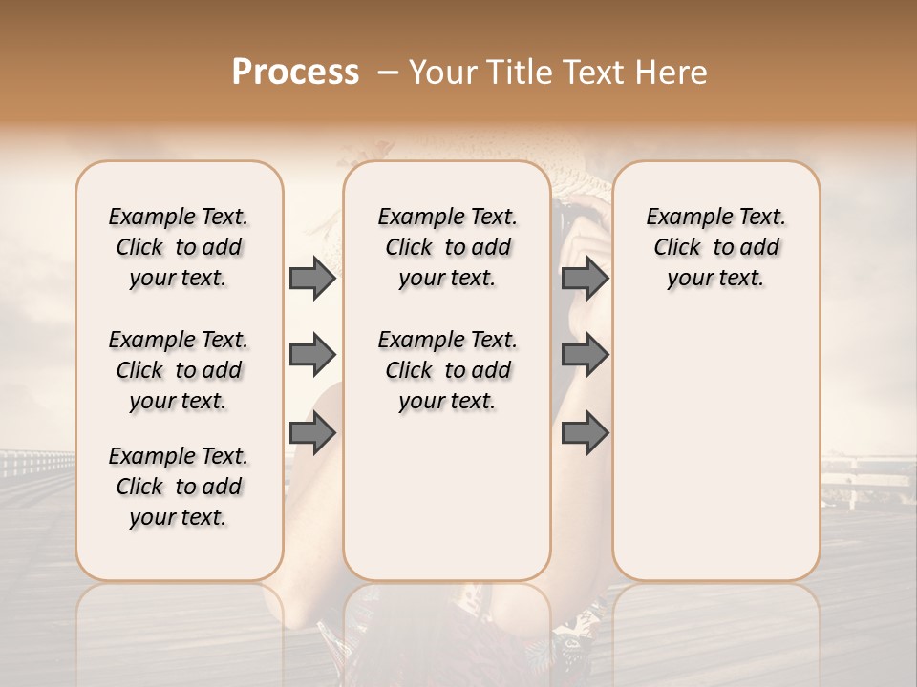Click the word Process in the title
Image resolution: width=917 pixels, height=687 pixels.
tap(295, 73)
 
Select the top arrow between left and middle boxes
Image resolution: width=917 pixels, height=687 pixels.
tap(312, 279)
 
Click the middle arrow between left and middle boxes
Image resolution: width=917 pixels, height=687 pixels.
tap(312, 356)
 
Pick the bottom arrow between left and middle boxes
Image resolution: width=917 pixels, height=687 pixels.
tap(312, 433)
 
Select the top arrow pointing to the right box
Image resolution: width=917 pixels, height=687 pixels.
tap(585, 279)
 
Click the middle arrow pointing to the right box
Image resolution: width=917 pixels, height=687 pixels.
tap(585, 356)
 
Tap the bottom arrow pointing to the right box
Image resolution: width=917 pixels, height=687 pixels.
tap(585, 433)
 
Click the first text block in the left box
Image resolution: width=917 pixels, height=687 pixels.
tap(179, 247)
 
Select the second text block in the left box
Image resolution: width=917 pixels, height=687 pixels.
tap(179, 370)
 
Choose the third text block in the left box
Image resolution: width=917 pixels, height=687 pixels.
tap(179, 487)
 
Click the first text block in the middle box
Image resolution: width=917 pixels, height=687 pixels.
tap(447, 247)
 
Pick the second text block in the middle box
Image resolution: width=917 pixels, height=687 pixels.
tap(447, 370)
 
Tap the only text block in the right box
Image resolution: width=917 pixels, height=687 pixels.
tap(715, 247)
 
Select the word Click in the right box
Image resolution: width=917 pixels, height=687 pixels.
tap(677, 248)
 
